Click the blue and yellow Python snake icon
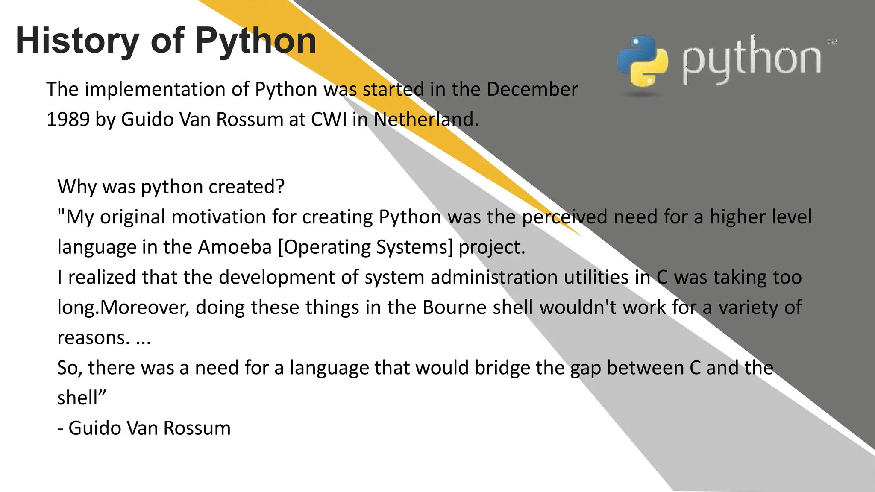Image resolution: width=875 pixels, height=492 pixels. tap(642, 61)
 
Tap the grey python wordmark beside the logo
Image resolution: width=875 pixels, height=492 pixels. tap(751, 60)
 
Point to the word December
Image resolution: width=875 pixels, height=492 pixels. tap(532, 89)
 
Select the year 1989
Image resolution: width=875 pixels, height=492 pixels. tap(68, 119)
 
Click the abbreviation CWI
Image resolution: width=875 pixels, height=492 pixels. tap(329, 119)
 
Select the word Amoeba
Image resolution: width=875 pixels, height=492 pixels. tap(235, 247)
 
